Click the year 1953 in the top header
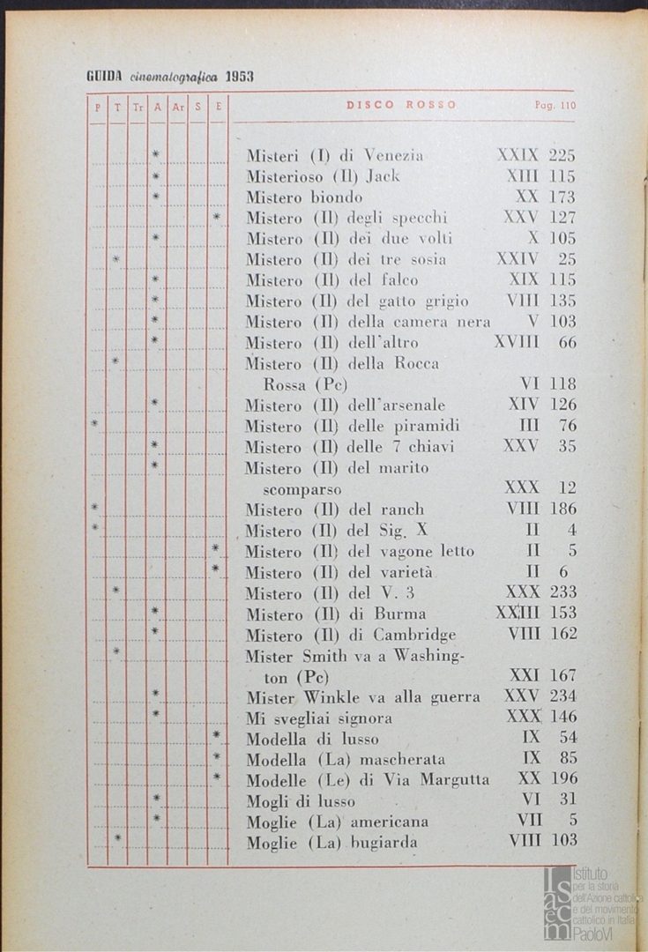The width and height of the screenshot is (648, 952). coord(239,76)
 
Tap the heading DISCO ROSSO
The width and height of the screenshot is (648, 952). coord(401,105)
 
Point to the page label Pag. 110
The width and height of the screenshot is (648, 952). coord(555,105)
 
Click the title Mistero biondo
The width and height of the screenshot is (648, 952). coord(304,197)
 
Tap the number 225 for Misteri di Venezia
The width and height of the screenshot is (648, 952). coord(562,156)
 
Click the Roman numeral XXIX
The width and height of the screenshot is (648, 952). coord(518,156)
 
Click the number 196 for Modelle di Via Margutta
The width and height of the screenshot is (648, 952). coord(562,778)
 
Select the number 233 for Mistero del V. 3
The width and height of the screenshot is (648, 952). coord(562,592)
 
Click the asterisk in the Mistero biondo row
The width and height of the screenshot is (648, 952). coord(156,197)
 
